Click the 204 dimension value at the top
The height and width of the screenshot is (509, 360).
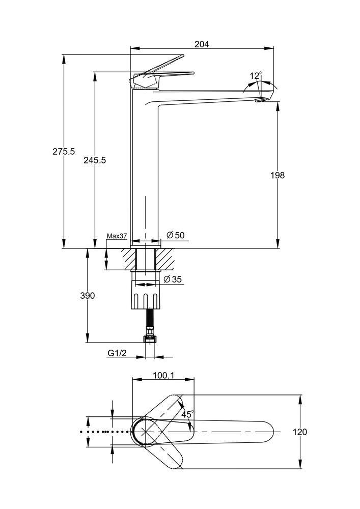tap(202, 44)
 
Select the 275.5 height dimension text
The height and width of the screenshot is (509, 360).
tap(64, 151)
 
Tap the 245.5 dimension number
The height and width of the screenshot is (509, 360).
tap(95, 160)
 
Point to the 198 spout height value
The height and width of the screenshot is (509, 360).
tap(278, 175)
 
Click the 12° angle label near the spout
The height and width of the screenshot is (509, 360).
tap(255, 76)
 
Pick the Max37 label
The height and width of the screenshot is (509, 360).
tap(117, 236)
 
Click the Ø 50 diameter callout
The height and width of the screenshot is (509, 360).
tap(176, 235)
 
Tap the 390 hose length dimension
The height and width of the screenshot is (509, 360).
tap(88, 296)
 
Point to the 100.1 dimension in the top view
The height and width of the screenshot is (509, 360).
tap(163, 376)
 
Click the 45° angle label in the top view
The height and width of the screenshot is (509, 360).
tap(188, 415)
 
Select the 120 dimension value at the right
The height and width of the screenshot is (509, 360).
tap(300, 432)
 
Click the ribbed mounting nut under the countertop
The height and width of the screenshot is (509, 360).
tap(146, 297)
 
